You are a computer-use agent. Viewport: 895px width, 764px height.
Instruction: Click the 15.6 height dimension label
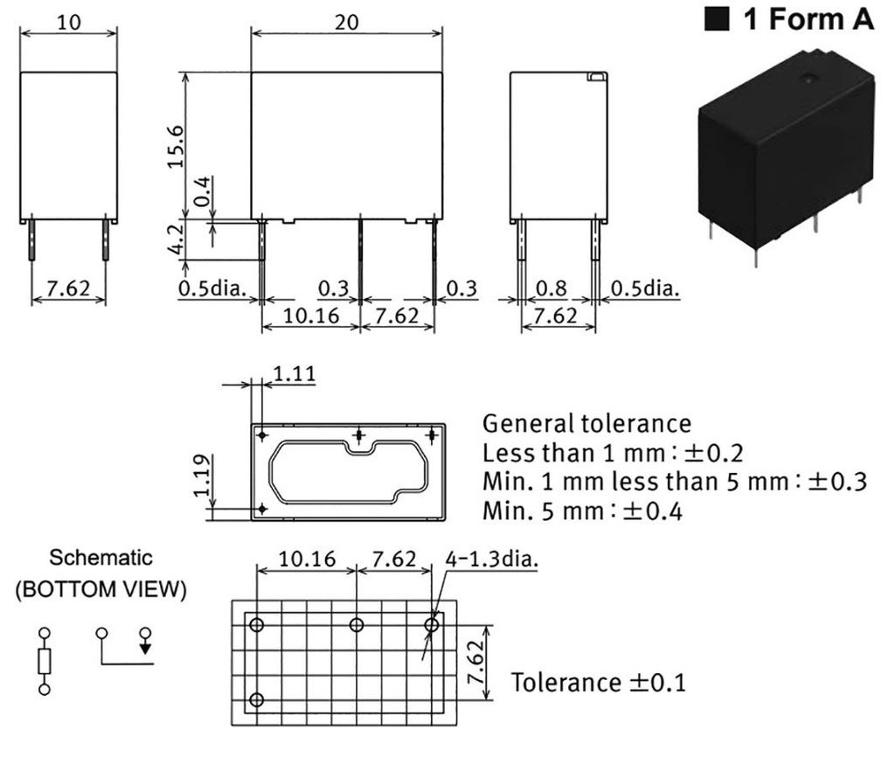[176, 144]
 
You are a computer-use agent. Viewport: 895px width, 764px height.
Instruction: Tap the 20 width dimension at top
[346, 23]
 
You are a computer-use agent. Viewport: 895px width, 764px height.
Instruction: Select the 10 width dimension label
[67, 23]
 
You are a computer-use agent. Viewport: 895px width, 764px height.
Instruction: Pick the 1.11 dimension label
[294, 375]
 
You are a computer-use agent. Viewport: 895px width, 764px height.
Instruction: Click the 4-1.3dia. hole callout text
[491, 559]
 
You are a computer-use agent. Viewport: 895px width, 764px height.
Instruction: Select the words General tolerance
[586, 425]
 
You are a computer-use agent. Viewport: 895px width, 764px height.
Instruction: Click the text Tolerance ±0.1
[599, 682]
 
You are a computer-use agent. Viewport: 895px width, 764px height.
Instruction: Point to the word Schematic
[101, 558]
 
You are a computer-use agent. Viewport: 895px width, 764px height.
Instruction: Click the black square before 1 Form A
[718, 20]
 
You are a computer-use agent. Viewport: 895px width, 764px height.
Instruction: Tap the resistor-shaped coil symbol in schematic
[45, 661]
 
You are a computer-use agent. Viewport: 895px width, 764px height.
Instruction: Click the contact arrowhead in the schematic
[145, 648]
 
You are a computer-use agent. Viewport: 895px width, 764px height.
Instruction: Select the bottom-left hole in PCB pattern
[257, 700]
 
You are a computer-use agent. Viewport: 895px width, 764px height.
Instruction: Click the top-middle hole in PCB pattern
[357, 625]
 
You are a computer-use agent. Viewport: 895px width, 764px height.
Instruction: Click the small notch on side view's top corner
[596, 77]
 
